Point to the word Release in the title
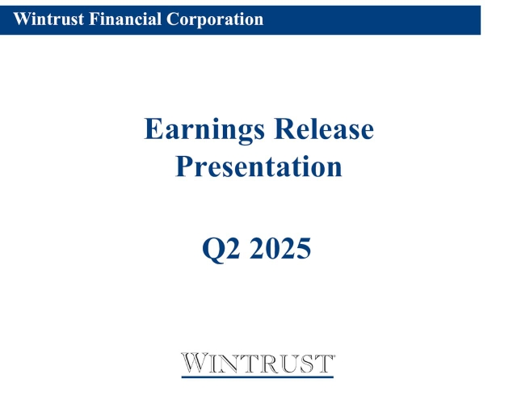324,129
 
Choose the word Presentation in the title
258,167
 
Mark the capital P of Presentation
185,167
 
